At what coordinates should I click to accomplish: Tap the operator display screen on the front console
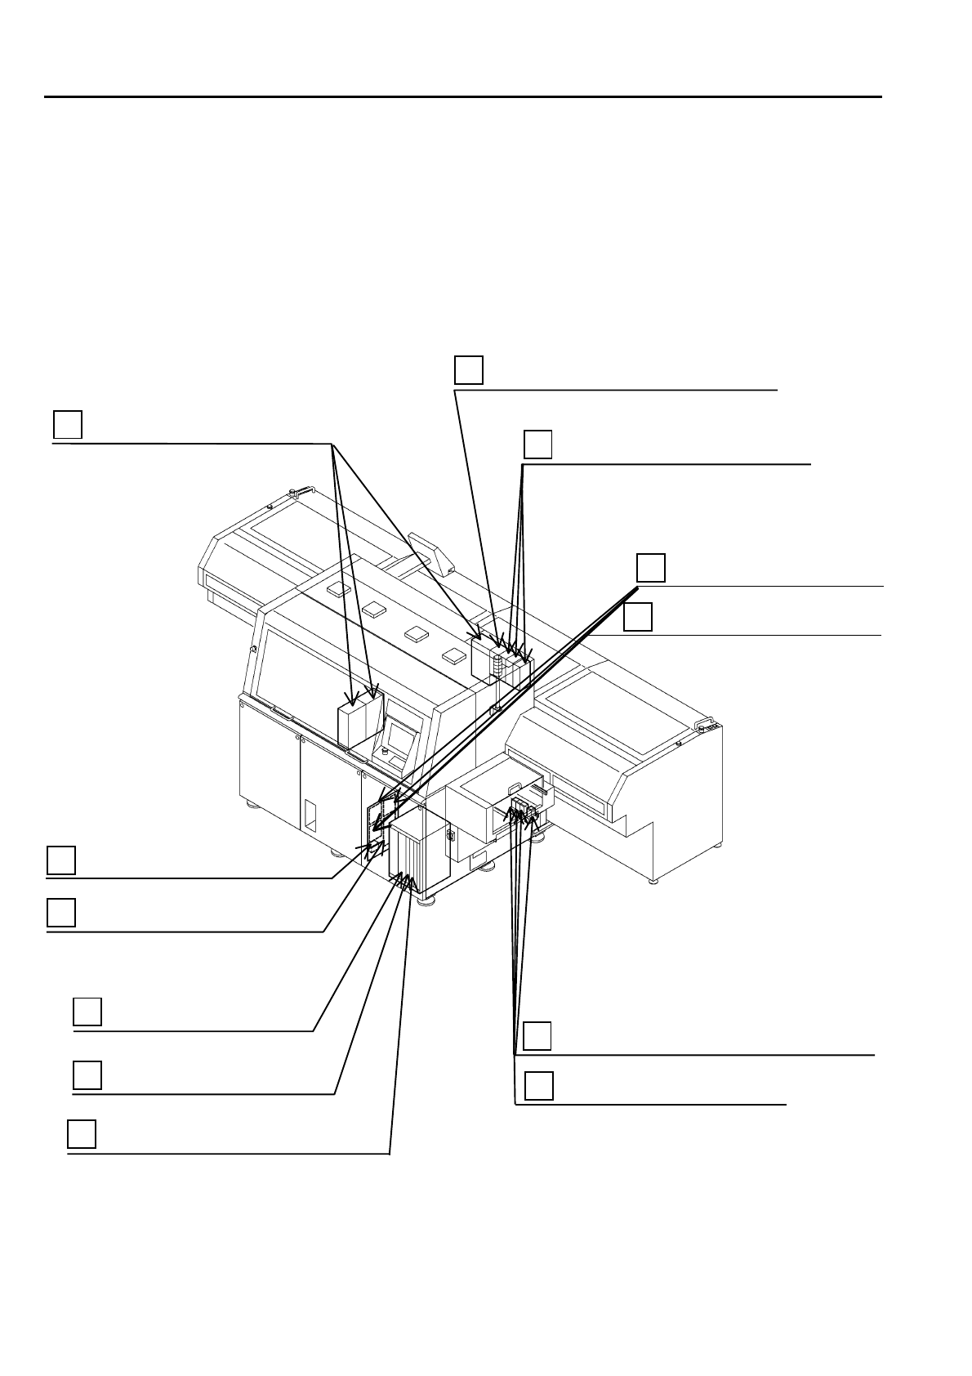click(x=400, y=738)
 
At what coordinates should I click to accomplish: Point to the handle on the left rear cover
click(x=300, y=491)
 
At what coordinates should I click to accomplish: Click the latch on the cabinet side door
click(x=450, y=837)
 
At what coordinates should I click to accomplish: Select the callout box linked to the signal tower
click(x=469, y=369)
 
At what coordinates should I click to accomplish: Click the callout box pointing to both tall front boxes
click(x=68, y=424)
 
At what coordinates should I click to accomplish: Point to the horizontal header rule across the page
click(x=462, y=97)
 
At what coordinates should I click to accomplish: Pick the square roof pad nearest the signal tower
click(x=453, y=655)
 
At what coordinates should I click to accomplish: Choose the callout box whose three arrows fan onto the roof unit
click(x=537, y=443)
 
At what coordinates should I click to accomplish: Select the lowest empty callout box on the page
click(x=82, y=1134)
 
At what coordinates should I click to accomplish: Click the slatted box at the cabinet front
click(x=407, y=851)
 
